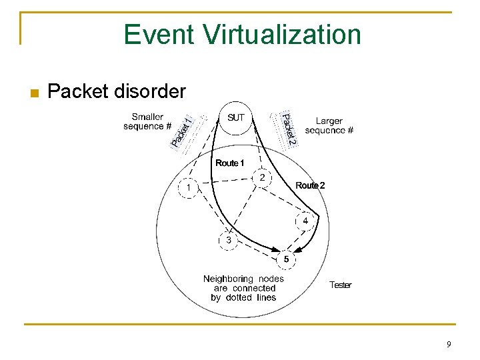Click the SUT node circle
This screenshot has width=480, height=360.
coord(236,119)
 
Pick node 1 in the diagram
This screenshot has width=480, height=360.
coord(189,188)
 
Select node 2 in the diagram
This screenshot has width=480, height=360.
coord(263,178)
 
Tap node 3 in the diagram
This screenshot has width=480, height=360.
coord(229,240)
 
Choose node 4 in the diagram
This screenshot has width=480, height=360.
coord(305,221)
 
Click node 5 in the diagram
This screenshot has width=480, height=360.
coord(286,258)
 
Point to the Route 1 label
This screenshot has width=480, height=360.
coord(230,163)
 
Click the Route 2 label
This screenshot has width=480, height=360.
coord(310,185)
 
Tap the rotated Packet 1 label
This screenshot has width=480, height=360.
coord(182,131)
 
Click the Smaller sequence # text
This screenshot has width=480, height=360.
coord(147,121)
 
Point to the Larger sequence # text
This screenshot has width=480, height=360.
coord(329,125)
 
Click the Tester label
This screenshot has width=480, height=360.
coord(340,285)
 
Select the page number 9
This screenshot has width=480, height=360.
coord(449,344)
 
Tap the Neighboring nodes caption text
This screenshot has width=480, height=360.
coord(243,288)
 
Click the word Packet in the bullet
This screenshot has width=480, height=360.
coord(79,91)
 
